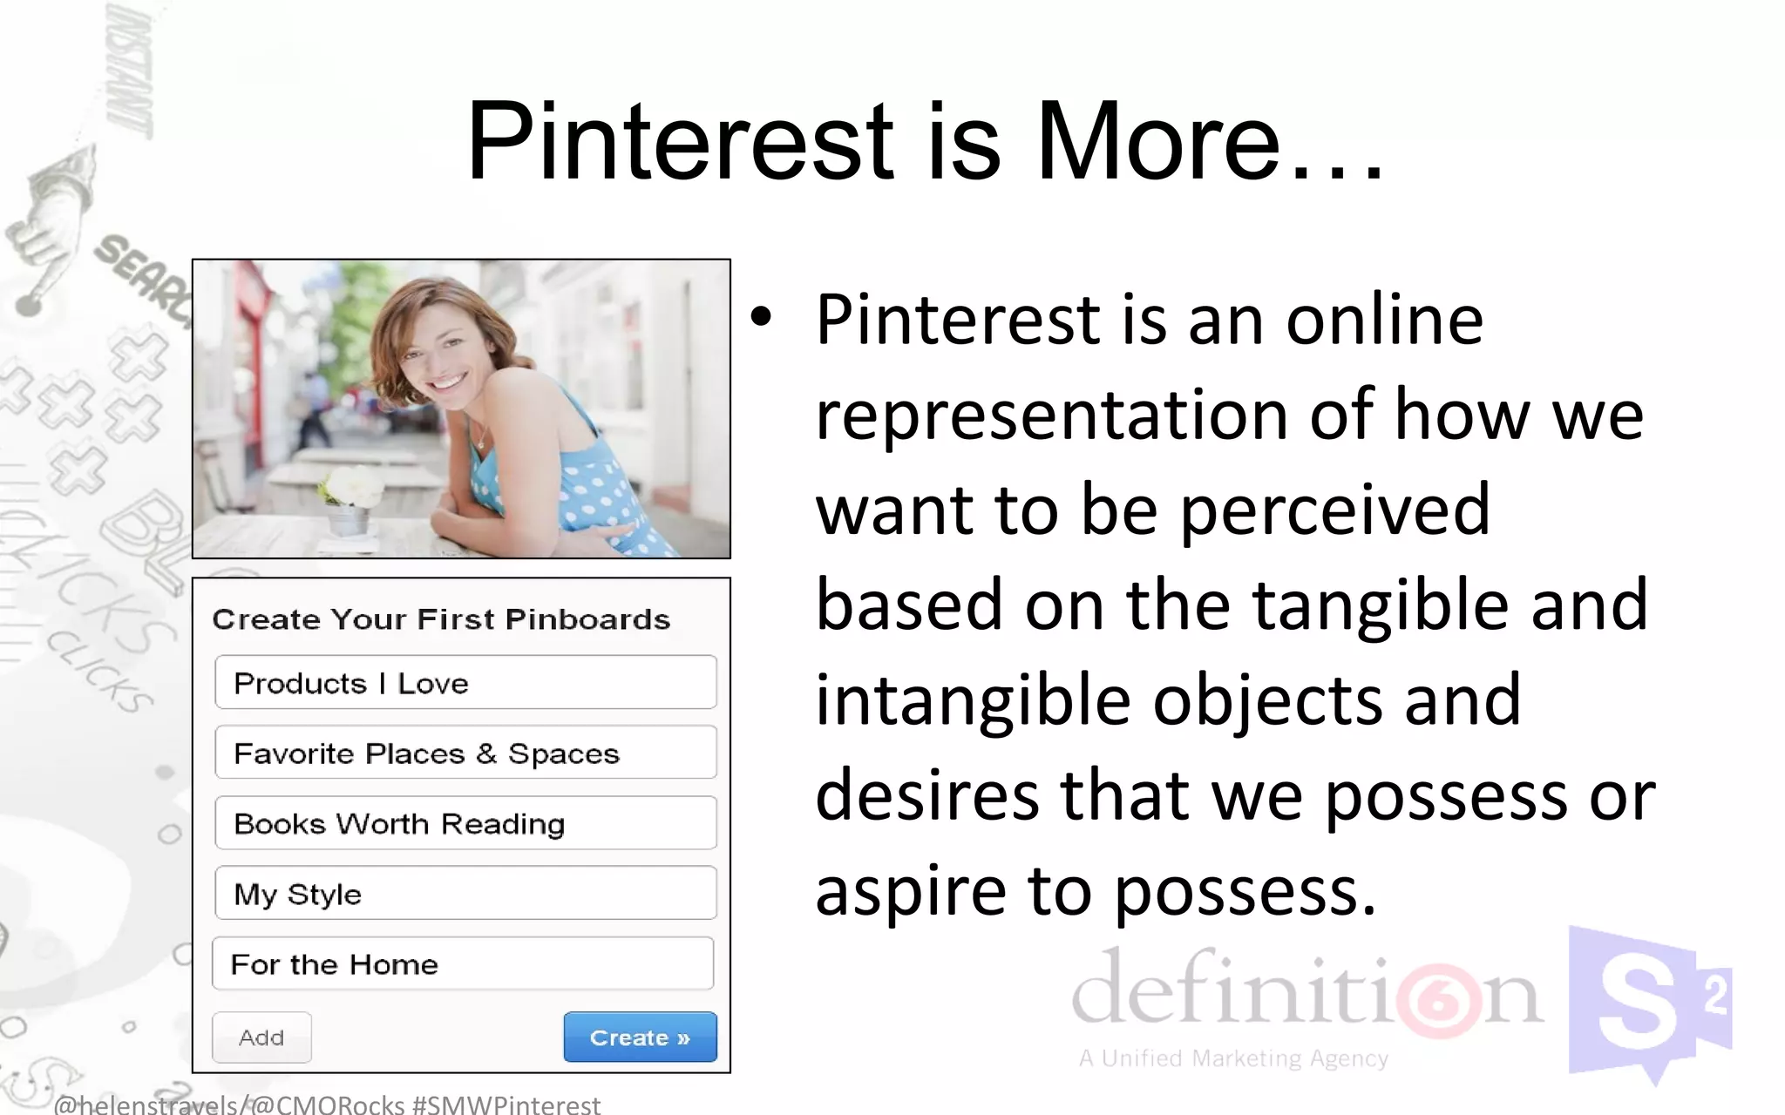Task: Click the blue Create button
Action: [640, 1037]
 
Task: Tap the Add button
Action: [261, 1037]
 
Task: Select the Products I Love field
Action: [465, 683]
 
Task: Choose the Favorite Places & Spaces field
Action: [465, 753]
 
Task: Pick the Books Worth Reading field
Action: [465, 823]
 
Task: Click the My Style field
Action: [465, 893]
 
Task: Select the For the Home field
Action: [463, 963]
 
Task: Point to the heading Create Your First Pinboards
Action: [441, 619]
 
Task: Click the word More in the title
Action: [1157, 141]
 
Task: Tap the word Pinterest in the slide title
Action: [681, 141]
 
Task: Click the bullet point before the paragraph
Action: [761, 318]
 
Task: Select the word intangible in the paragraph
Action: [973, 700]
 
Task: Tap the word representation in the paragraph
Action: [1051, 415]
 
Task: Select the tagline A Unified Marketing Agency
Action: [1233, 1058]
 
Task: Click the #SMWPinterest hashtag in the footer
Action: [506, 1105]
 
